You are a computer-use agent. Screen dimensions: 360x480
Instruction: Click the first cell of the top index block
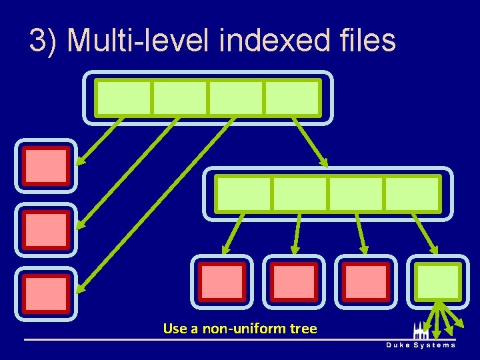123,98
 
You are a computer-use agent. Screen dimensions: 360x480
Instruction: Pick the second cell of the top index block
180,98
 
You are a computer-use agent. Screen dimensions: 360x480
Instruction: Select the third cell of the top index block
236,98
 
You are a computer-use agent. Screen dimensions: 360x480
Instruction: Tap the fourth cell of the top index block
292,98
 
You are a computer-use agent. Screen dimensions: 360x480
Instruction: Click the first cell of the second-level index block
243,194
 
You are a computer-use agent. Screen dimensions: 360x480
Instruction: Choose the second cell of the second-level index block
300,194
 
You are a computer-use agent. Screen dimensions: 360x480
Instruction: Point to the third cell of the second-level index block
356,194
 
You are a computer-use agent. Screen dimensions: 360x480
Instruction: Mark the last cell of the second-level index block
412,194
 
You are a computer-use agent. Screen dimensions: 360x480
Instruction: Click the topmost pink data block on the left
46,166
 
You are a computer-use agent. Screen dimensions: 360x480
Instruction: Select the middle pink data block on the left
46,230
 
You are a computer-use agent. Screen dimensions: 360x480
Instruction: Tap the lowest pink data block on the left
46,294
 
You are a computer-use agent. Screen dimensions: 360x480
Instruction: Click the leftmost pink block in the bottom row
222,281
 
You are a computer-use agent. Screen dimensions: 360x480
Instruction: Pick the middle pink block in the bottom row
294,281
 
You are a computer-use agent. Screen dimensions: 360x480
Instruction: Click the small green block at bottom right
438,281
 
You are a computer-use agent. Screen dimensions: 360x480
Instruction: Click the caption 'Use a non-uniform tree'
240,329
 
